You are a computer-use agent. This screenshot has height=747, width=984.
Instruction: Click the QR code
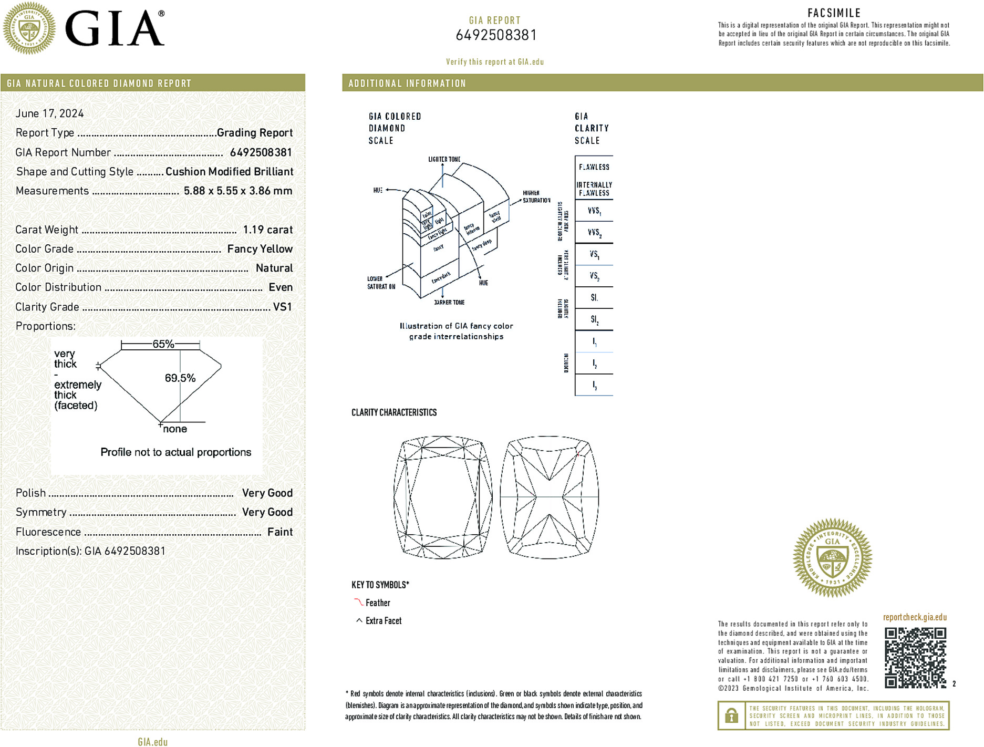coord(915,658)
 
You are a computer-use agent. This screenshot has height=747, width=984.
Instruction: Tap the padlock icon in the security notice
coord(731,715)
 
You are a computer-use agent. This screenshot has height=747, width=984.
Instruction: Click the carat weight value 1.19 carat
coord(267,230)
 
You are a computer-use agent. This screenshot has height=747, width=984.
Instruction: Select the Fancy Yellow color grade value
coord(260,249)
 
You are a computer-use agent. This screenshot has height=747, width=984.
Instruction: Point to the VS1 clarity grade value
coord(282,307)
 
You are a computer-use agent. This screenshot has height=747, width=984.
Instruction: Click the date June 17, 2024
coord(49,113)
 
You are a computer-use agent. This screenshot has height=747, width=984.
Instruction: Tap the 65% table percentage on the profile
coord(163,344)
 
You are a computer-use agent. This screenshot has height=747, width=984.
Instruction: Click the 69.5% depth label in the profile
coord(180,378)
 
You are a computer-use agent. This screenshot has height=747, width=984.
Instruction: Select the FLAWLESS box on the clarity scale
coord(594,167)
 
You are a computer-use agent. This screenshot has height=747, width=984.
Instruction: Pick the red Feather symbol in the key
coord(358,602)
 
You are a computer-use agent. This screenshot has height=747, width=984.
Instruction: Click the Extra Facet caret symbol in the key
coord(359,620)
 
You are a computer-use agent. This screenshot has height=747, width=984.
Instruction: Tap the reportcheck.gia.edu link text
coord(915,617)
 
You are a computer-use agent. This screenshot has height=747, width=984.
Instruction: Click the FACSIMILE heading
coord(834,13)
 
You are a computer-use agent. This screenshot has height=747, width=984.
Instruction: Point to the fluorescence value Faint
coord(279,532)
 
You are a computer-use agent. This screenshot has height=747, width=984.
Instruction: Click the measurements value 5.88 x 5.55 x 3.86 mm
coord(237,191)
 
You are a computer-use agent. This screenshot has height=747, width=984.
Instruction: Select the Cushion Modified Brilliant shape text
coord(229,172)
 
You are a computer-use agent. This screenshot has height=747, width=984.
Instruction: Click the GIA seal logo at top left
coord(29,28)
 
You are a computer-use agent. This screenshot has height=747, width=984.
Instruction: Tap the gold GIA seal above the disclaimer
coord(832,558)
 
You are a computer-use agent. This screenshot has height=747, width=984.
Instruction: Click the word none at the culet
coord(175,429)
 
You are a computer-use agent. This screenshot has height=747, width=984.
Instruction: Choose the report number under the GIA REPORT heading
coord(495,35)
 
